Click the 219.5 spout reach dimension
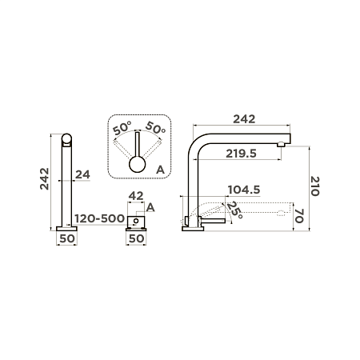(x=241, y=154)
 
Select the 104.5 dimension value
(x=244, y=190)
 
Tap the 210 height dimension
(x=314, y=186)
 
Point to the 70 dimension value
(x=299, y=216)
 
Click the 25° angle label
(x=234, y=210)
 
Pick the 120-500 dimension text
(x=100, y=218)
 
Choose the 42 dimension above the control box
(x=136, y=196)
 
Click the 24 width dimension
(x=82, y=174)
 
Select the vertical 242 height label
(x=45, y=178)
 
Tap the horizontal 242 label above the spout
(x=244, y=119)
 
